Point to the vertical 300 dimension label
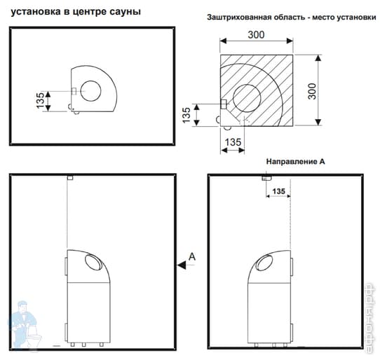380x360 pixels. (312, 91)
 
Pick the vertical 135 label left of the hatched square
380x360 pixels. (186, 115)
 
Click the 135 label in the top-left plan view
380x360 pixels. (40, 100)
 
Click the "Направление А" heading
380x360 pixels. (295, 162)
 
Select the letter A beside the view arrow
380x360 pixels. (192, 256)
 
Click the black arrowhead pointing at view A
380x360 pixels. (182, 265)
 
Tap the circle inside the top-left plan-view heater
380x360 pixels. (91, 91)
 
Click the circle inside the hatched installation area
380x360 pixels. (247, 98)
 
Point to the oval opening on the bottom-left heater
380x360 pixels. (94, 263)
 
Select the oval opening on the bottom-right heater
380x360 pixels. (264, 263)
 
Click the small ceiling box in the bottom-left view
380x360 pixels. (70, 178)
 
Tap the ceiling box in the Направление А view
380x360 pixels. (266, 178)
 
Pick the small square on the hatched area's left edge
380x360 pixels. (224, 104)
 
